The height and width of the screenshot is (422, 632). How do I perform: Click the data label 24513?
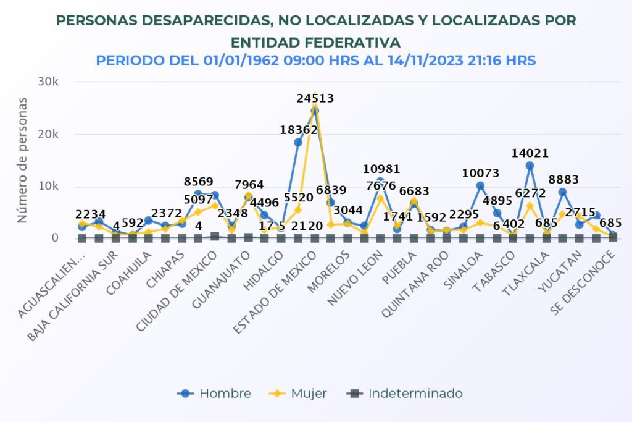316,98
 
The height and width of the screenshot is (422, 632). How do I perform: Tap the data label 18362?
298,130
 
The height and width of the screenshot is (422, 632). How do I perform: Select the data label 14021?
530,153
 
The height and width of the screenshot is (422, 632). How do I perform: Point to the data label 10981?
381,169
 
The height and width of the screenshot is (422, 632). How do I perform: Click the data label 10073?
480,174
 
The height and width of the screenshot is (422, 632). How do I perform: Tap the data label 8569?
199,182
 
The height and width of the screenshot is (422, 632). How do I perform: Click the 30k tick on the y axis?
47,82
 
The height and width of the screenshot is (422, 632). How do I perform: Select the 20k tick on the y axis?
47,135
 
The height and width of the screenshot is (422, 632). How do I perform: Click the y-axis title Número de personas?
22,159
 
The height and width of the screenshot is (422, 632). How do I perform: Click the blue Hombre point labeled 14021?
530,166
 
